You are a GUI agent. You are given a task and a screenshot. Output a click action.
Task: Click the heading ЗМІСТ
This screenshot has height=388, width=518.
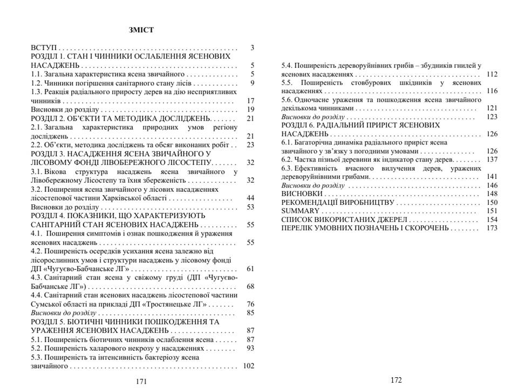[141, 30]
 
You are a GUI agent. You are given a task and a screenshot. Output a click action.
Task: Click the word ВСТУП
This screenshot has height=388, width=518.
[44, 48]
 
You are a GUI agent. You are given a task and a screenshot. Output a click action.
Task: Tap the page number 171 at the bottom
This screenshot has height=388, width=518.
[141, 381]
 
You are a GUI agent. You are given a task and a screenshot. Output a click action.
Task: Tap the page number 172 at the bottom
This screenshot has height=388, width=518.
[397, 379]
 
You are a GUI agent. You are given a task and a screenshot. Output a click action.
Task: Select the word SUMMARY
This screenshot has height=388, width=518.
[299, 211]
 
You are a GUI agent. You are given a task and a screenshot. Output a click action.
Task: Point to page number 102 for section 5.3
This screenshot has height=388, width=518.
[248, 366]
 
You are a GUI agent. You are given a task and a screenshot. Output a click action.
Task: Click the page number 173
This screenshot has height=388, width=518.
[492, 228]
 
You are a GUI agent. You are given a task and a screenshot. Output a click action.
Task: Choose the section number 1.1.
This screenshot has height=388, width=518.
[37, 74]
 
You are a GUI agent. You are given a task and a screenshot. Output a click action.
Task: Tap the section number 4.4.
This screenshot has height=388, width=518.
[37, 295]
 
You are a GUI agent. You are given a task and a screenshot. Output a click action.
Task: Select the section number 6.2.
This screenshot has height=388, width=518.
[287, 160]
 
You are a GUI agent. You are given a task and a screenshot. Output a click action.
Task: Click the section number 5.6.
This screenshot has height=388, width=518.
[287, 100]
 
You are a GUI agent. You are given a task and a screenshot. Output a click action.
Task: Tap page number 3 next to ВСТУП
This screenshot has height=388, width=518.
[252, 48]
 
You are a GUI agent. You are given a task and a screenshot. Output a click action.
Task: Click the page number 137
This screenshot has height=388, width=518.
[492, 160]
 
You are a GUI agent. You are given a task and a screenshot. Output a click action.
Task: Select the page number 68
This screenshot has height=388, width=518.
[250, 286]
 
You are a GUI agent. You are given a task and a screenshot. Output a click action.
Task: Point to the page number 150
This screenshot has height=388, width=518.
[492, 202]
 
